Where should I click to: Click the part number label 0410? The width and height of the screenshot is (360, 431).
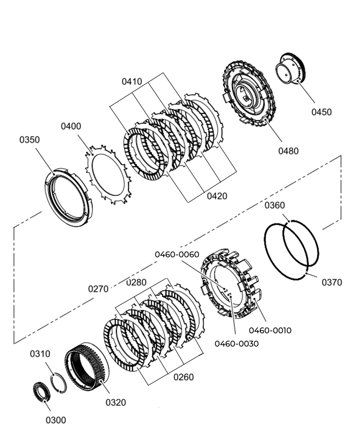click(x=132, y=82)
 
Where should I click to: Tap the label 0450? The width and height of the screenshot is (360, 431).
click(x=322, y=112)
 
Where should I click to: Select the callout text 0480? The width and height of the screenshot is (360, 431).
click(x=288, y=151)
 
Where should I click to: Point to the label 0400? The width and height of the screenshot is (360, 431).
click(x=71, y=126)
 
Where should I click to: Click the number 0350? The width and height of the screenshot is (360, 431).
click(x=30, y=140)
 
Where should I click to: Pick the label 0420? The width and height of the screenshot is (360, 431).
click(x=217, y=196)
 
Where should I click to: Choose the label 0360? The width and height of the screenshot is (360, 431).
click(x=275, y=205)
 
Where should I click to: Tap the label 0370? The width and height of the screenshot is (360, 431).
click(x=332, y=282)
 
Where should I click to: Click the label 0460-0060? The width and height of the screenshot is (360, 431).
click(x=177, y=254)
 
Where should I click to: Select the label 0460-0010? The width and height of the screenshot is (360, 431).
click(x=270, y=330)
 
